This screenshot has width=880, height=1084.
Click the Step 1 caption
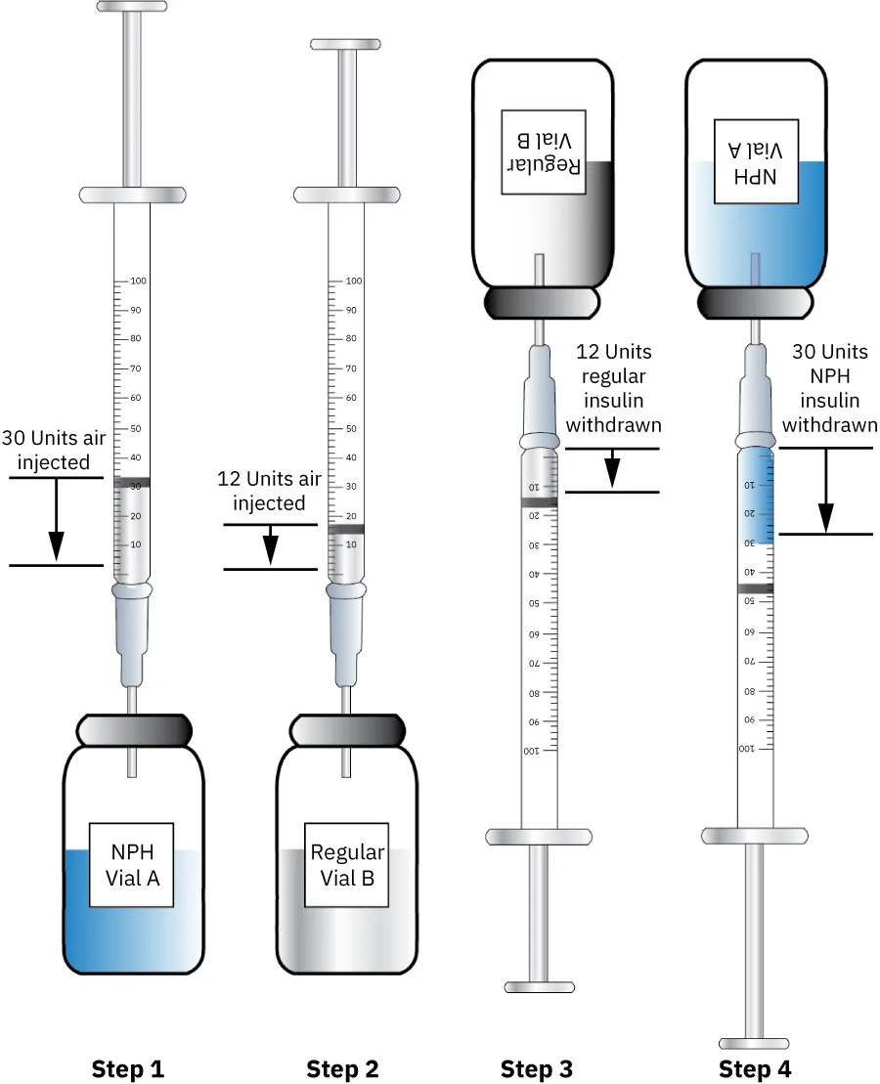pyautogui.click(x=128, y=1069)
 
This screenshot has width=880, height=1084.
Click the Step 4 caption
pyautogui.click(x=754, y=1069)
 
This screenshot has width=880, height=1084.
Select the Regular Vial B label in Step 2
pyautogui.click(x=347, y=865)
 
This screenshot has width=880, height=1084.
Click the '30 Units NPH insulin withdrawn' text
pyautogui.click(x=829, y=388)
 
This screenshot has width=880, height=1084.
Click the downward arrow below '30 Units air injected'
pyautogui.click(x=56, y=522)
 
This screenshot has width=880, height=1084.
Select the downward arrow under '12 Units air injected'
pyautogui.click(x=271, y=546)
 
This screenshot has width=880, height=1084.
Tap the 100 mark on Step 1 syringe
pyautogui.click(x=136, y=282)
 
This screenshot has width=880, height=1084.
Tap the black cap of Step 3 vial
pyautogui.click(x=543, y=302)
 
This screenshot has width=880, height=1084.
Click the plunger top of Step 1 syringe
pyautogui.click(x=131, y=9)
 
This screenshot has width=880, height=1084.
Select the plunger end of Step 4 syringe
pyautogui.click(x=754, y=1042)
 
